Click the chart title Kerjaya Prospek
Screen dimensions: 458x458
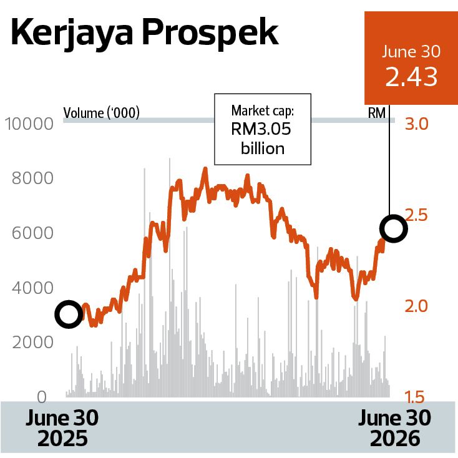click(x=145, y=34)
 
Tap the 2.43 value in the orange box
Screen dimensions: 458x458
click(x=411, y=77)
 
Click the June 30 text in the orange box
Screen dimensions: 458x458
click(x=411, y=51)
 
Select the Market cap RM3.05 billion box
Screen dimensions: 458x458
click(x=263, y=129)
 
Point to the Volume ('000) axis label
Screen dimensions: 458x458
click(x=101, y=113)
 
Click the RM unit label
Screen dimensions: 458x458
click(x=377, y=113)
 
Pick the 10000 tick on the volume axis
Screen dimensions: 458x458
click(x=29, y=124)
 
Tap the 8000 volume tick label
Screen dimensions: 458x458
click(x=32, y=178)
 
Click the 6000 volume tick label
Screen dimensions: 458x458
click(x=32, y=233)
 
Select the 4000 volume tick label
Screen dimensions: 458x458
click(x=32, y=288)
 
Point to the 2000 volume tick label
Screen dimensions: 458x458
click(x=32, y=343)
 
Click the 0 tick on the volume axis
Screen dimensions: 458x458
click(x=42, y=397)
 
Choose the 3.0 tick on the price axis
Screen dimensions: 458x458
click(x=417, y=124)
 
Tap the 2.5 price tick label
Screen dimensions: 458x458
click(x=417, y=215)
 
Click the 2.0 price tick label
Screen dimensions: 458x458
click(x=416, y=306)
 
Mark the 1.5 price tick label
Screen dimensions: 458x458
click(x=415, y=397)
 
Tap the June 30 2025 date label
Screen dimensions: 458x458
click(x=62, y=428)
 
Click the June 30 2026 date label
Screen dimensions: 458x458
click(x=394, y=428)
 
